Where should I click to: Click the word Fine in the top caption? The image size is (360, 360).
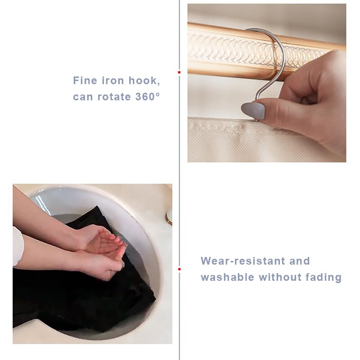(85, 81)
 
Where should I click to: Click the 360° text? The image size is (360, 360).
(148, 97)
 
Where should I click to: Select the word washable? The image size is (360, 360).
(227, 277)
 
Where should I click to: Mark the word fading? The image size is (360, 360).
(322, 277)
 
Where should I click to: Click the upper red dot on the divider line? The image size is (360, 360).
(179, 72)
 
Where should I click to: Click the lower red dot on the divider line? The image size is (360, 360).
(179, 269)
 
